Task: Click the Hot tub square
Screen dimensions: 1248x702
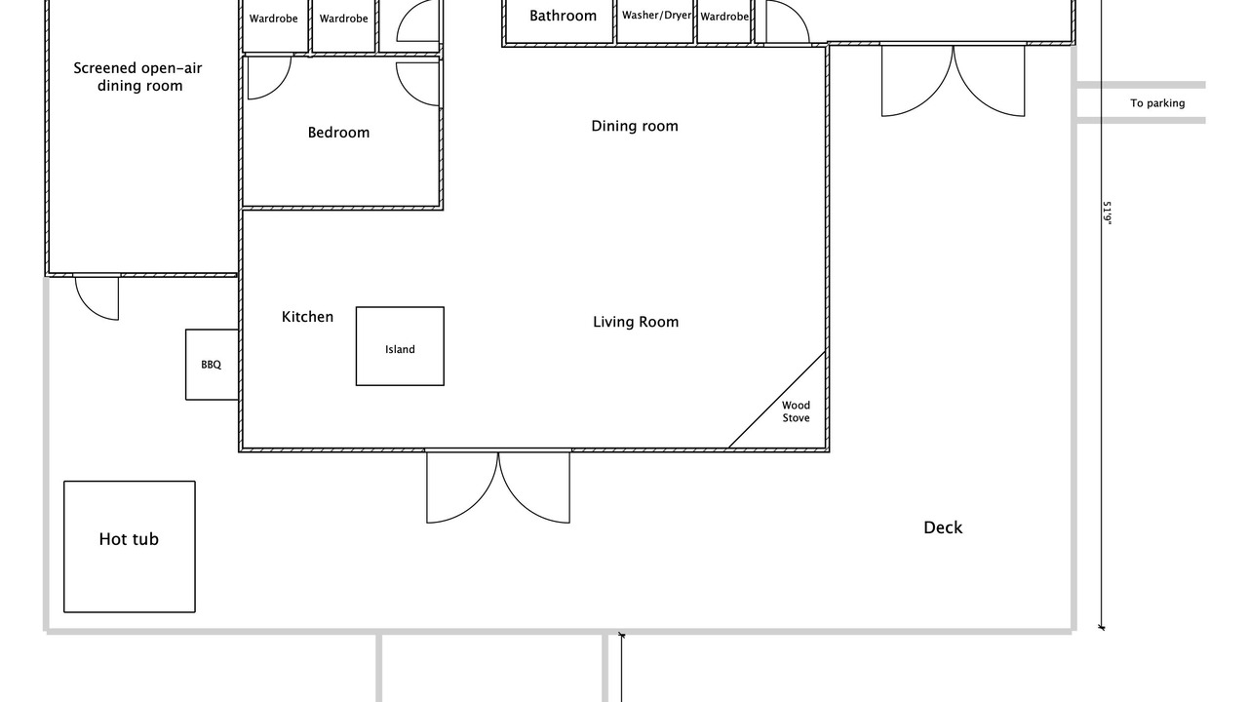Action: point(130,547)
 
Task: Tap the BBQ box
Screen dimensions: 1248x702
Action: point(212,365)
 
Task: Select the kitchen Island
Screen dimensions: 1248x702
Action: point(400,346)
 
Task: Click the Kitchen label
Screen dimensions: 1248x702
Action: point(307,317)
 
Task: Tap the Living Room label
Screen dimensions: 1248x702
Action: point(636,322)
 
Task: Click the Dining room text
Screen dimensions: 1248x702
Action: point(635,127)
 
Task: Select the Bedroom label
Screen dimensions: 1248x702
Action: point(338,133)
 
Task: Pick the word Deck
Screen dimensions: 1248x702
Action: point(943,527)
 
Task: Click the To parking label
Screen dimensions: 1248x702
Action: point(1157,103)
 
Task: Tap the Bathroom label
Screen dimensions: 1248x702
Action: point(563,17)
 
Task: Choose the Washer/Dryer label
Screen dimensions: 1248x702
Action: point(656,16)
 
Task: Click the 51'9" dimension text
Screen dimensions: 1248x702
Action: point(1107,214)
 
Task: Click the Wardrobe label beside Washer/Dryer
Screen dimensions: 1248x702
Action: point(724,17)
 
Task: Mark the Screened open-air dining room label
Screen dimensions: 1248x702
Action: point(138,77)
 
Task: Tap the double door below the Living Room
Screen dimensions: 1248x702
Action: point(498,485)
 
